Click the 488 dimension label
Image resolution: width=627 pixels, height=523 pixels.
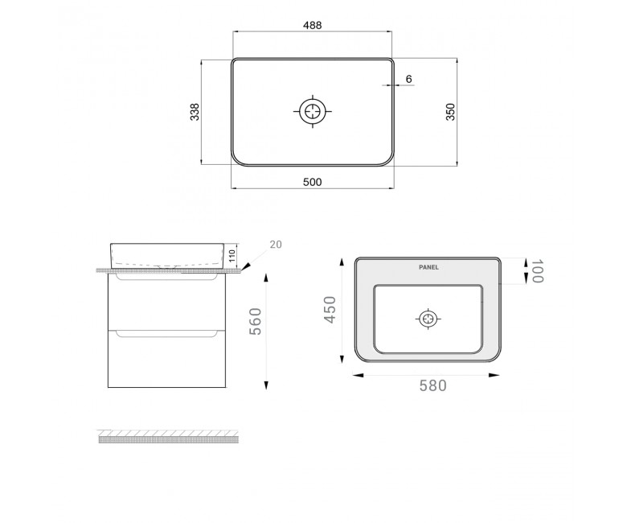coord(313,25)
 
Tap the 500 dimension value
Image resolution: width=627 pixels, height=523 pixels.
coord(313,182)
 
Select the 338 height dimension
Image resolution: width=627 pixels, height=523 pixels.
coord(195,112)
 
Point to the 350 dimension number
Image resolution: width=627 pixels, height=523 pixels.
coord(450,112)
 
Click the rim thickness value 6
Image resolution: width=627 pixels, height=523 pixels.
coord(408,79)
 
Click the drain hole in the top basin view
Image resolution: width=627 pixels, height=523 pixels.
coord(313,111)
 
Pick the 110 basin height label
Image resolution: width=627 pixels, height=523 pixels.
coord(233,255)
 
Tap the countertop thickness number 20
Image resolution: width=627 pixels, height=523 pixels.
coord(276,244)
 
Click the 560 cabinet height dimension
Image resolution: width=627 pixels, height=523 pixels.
coord(255,321)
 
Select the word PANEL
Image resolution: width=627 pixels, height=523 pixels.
coord(428,267)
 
